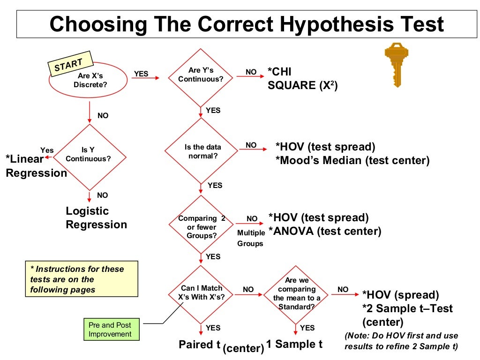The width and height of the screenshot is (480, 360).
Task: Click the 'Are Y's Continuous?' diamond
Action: point(201,75)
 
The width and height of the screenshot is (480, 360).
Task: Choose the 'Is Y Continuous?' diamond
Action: point(88,154)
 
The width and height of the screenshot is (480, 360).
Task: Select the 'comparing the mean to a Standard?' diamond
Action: point(296,293)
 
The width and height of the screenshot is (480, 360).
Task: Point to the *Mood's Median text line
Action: point(352,160)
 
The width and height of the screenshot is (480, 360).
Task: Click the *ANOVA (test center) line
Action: point(324,231)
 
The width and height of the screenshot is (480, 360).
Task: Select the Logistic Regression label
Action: point(96,218)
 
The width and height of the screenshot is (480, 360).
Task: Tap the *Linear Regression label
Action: point(35,166)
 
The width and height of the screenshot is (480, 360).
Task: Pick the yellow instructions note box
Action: point(82,279)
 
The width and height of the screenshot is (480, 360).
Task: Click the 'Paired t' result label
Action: point(200,345)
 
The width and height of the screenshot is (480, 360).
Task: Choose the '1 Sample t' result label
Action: point(294,344)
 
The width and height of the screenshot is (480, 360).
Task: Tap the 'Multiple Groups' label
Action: point(250,238)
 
